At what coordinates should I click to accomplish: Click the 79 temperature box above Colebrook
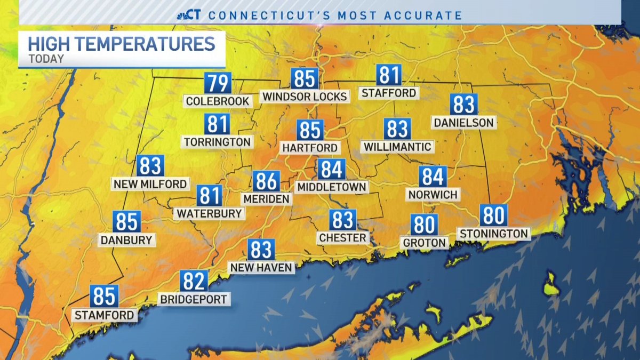coord(218,84)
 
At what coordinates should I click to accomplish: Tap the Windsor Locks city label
coord(304,97)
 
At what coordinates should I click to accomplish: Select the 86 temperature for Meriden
coord(266,181)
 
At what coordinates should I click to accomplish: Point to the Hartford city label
coord(310,148)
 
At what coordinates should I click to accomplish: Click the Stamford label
coord(104,315)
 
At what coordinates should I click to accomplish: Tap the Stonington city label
coord(493,234)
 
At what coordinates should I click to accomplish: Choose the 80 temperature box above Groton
coord(424,225)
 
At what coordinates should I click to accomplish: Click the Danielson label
coord(463,123)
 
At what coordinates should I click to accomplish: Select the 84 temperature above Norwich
coord(433,177)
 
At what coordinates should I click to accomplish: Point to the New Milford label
coord(150,185)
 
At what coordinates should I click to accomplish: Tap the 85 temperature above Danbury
coord(126,222)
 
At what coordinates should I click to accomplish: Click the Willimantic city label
coord(397,146)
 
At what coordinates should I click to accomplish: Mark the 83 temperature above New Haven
coord(261,250)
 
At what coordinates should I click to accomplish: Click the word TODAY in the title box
coord(46,59)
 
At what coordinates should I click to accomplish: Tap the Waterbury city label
coord(209,213)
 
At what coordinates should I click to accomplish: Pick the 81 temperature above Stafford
coord(388,75)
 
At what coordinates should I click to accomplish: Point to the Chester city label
coord(342,238)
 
